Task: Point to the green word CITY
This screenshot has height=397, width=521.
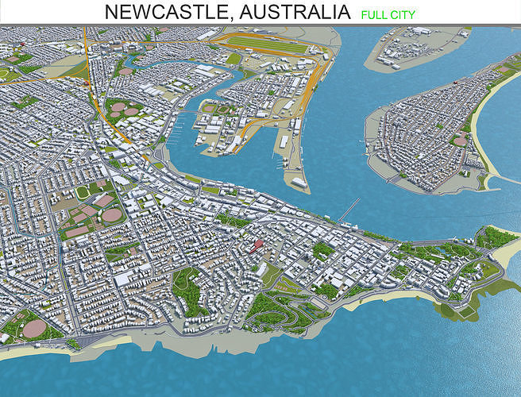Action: (403, 13)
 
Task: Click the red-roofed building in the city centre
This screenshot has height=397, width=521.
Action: (256, 245)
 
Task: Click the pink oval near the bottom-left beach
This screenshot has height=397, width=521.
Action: (34, 328)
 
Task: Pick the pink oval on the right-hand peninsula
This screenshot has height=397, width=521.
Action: (460, 141)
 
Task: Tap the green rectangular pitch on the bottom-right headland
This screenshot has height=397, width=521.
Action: (490, 270)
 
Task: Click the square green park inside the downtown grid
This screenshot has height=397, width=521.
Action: (323, 250)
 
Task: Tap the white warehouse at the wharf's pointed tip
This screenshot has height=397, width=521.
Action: (299, 182)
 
